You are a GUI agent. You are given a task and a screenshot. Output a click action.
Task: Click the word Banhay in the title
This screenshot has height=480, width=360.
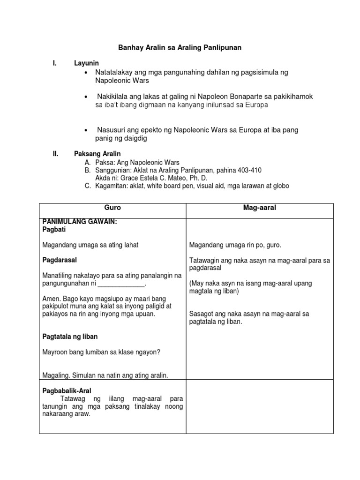(129, 48)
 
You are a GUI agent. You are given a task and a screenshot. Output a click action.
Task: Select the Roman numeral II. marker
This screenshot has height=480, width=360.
(55, 154)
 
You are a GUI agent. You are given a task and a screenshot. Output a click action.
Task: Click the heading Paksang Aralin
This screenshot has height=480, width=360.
(97, 154)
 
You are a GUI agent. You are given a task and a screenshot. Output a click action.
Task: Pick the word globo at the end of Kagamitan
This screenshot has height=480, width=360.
(280, 186)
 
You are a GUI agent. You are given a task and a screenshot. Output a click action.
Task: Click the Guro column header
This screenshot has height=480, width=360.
(112, 208)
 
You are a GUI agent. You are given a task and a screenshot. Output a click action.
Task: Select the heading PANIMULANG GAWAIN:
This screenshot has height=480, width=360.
(79, 223)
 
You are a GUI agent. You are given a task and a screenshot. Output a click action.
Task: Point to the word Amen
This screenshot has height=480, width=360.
(51, 299)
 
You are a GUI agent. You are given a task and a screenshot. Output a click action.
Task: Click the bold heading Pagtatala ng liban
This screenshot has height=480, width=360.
(70, 337)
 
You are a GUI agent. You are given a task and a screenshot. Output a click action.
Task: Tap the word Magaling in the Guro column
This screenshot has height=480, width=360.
(55, 375)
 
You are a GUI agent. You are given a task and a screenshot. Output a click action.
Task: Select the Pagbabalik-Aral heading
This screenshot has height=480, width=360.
(67, 390)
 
